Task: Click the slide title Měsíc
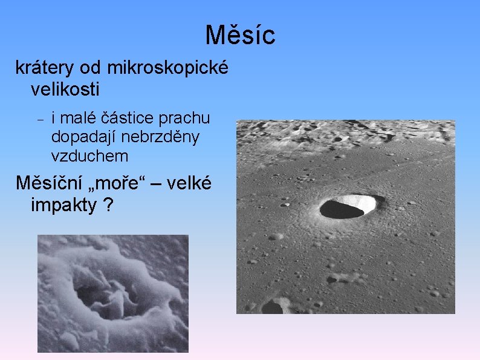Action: tap(240, 35)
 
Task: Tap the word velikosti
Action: tap(65, 90)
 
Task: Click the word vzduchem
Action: tap(90, 156)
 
